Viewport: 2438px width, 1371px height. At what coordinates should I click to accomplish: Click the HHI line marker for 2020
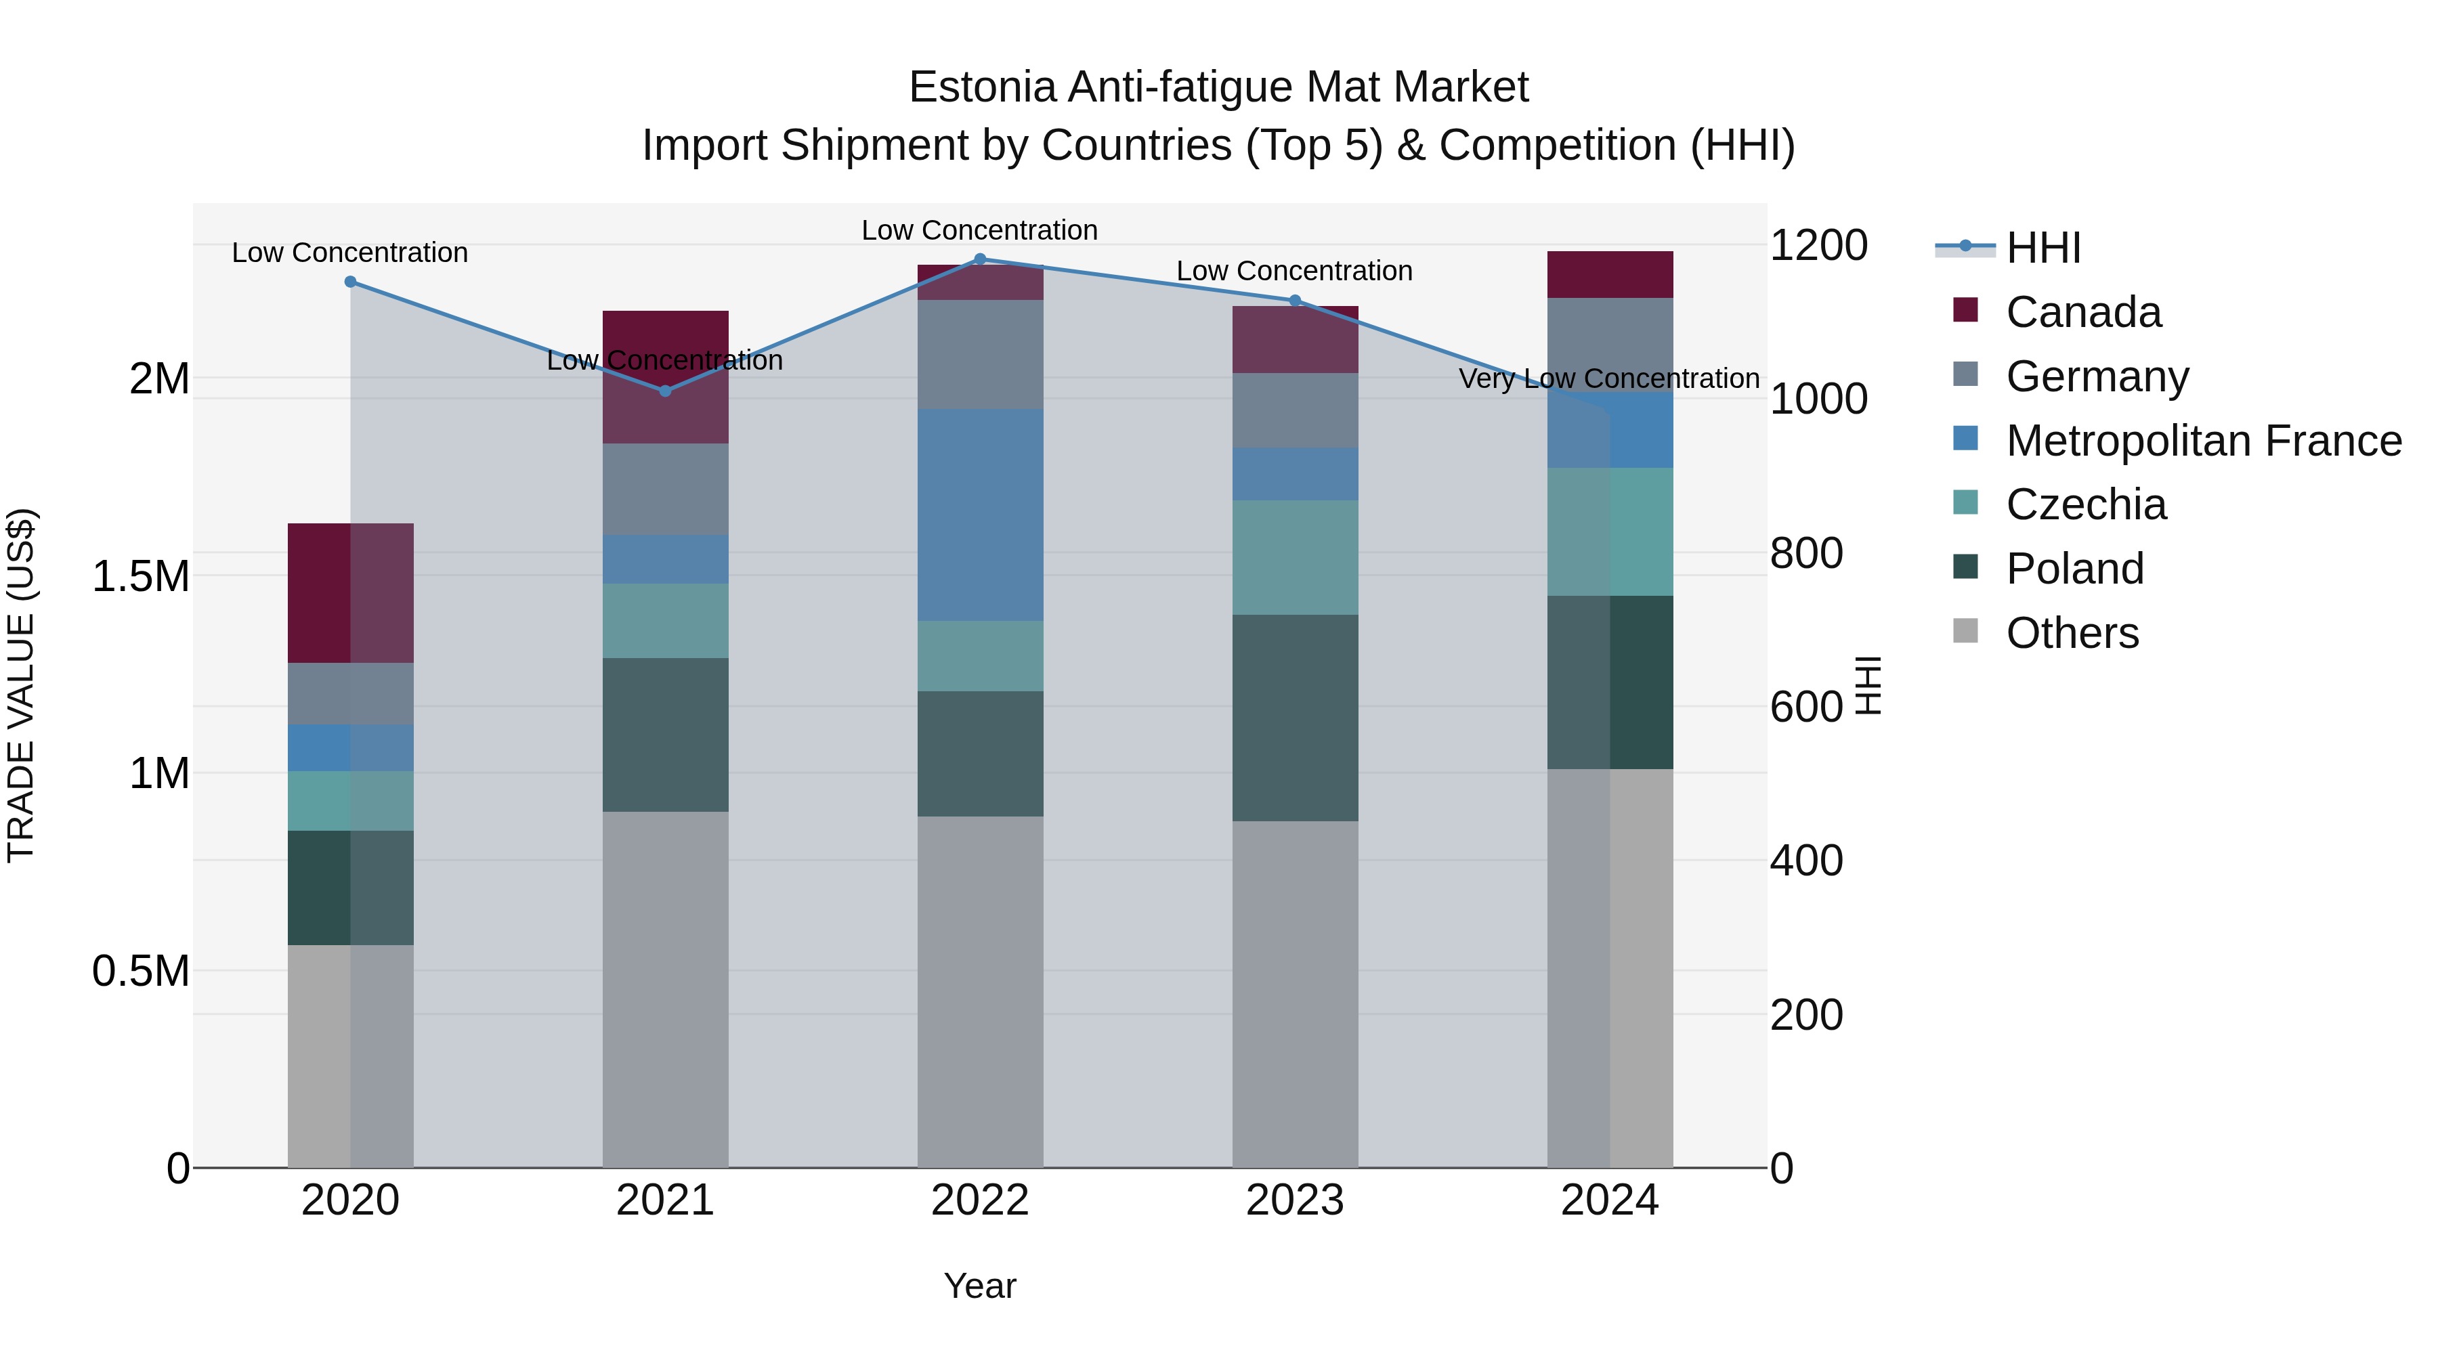point(350,282)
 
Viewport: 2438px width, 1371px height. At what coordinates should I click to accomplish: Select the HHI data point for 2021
point(665,391)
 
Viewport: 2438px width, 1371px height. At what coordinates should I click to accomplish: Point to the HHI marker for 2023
point(1296,301)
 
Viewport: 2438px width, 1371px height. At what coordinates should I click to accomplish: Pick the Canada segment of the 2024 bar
point(1610,274)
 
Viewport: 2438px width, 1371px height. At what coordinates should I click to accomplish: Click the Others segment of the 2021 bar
point(665,988)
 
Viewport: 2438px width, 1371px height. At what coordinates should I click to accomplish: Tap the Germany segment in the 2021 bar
point(665,489)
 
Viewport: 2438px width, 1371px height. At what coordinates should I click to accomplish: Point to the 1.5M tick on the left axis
point(141,576)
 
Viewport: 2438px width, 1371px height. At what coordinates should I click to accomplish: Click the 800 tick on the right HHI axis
point(1805,554)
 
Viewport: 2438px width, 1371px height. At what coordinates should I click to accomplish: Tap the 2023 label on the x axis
point(1295,1200)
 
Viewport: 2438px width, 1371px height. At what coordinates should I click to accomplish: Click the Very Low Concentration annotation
point(1609,378)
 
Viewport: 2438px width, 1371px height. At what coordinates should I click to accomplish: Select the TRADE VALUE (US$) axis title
point(22,685)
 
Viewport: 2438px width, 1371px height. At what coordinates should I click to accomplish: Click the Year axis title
point(979,1286)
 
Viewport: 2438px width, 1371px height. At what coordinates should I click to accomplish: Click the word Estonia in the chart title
point(981,88)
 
